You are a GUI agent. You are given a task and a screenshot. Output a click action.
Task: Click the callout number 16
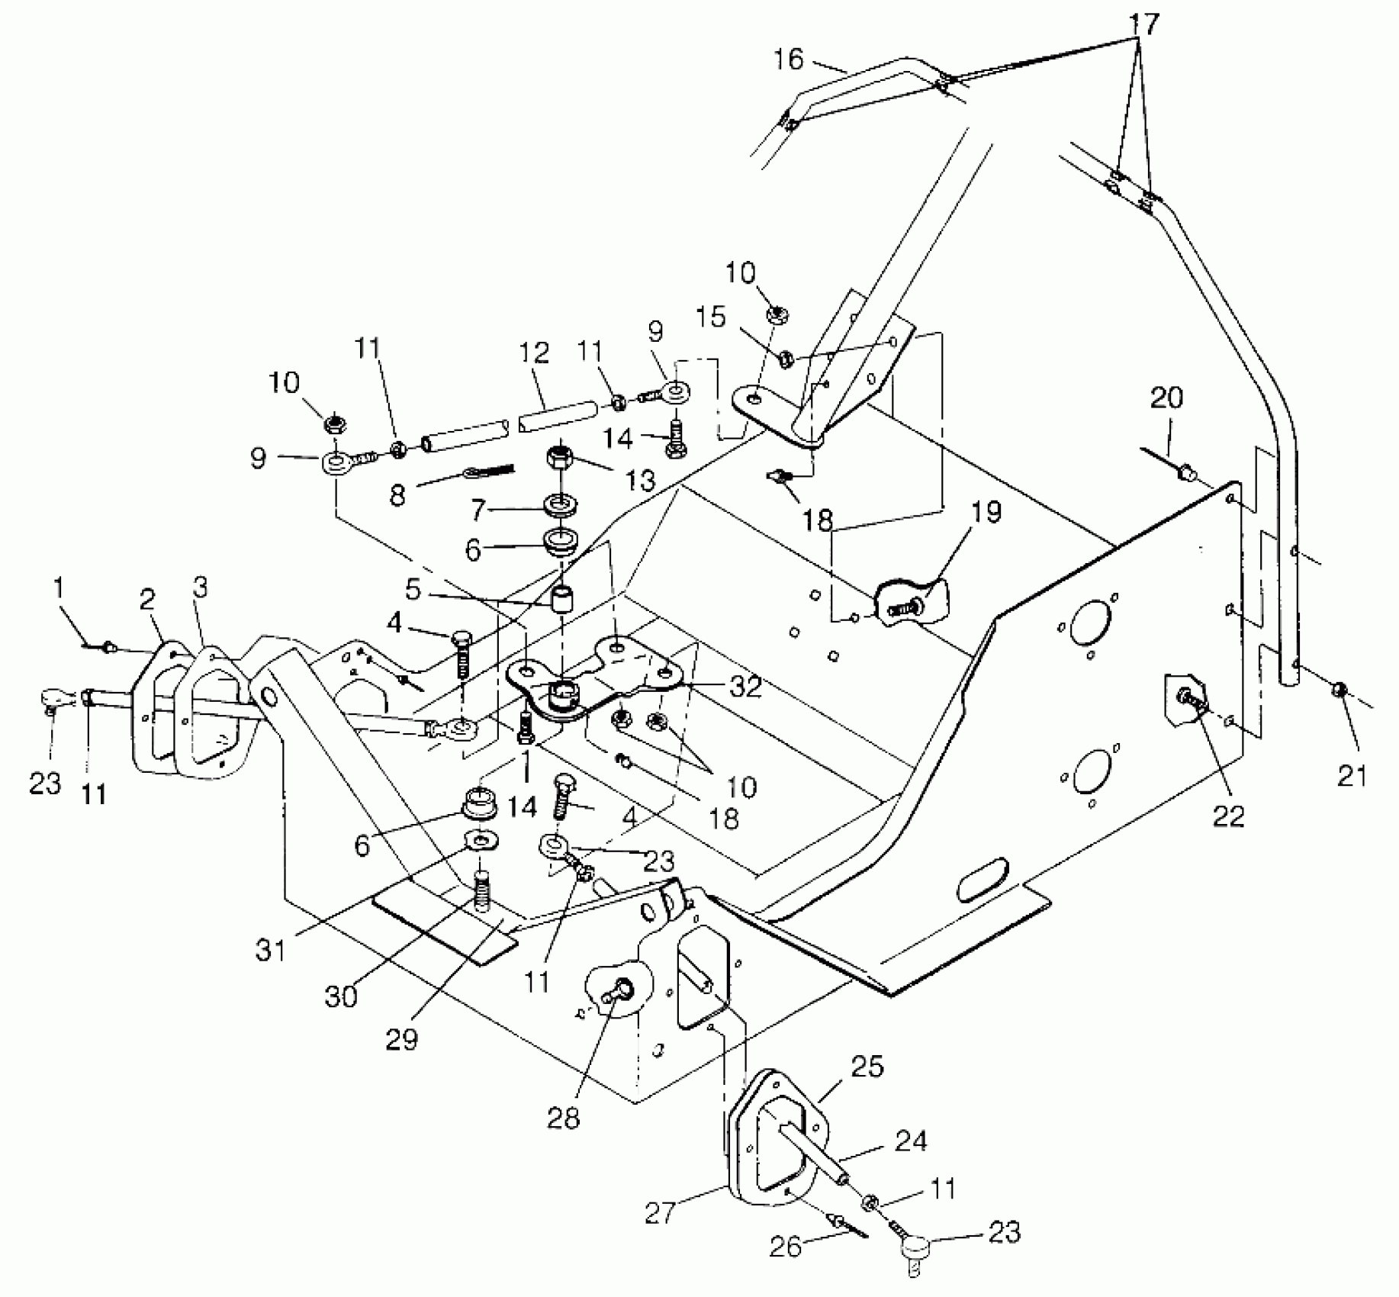(789, 59)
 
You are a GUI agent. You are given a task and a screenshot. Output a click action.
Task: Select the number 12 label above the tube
(534, 352)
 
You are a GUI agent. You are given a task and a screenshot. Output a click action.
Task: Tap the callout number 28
(564, 1118)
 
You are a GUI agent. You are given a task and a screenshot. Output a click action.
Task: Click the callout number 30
(341, 996)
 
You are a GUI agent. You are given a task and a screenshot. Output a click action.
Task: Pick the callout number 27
(660, 1212)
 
